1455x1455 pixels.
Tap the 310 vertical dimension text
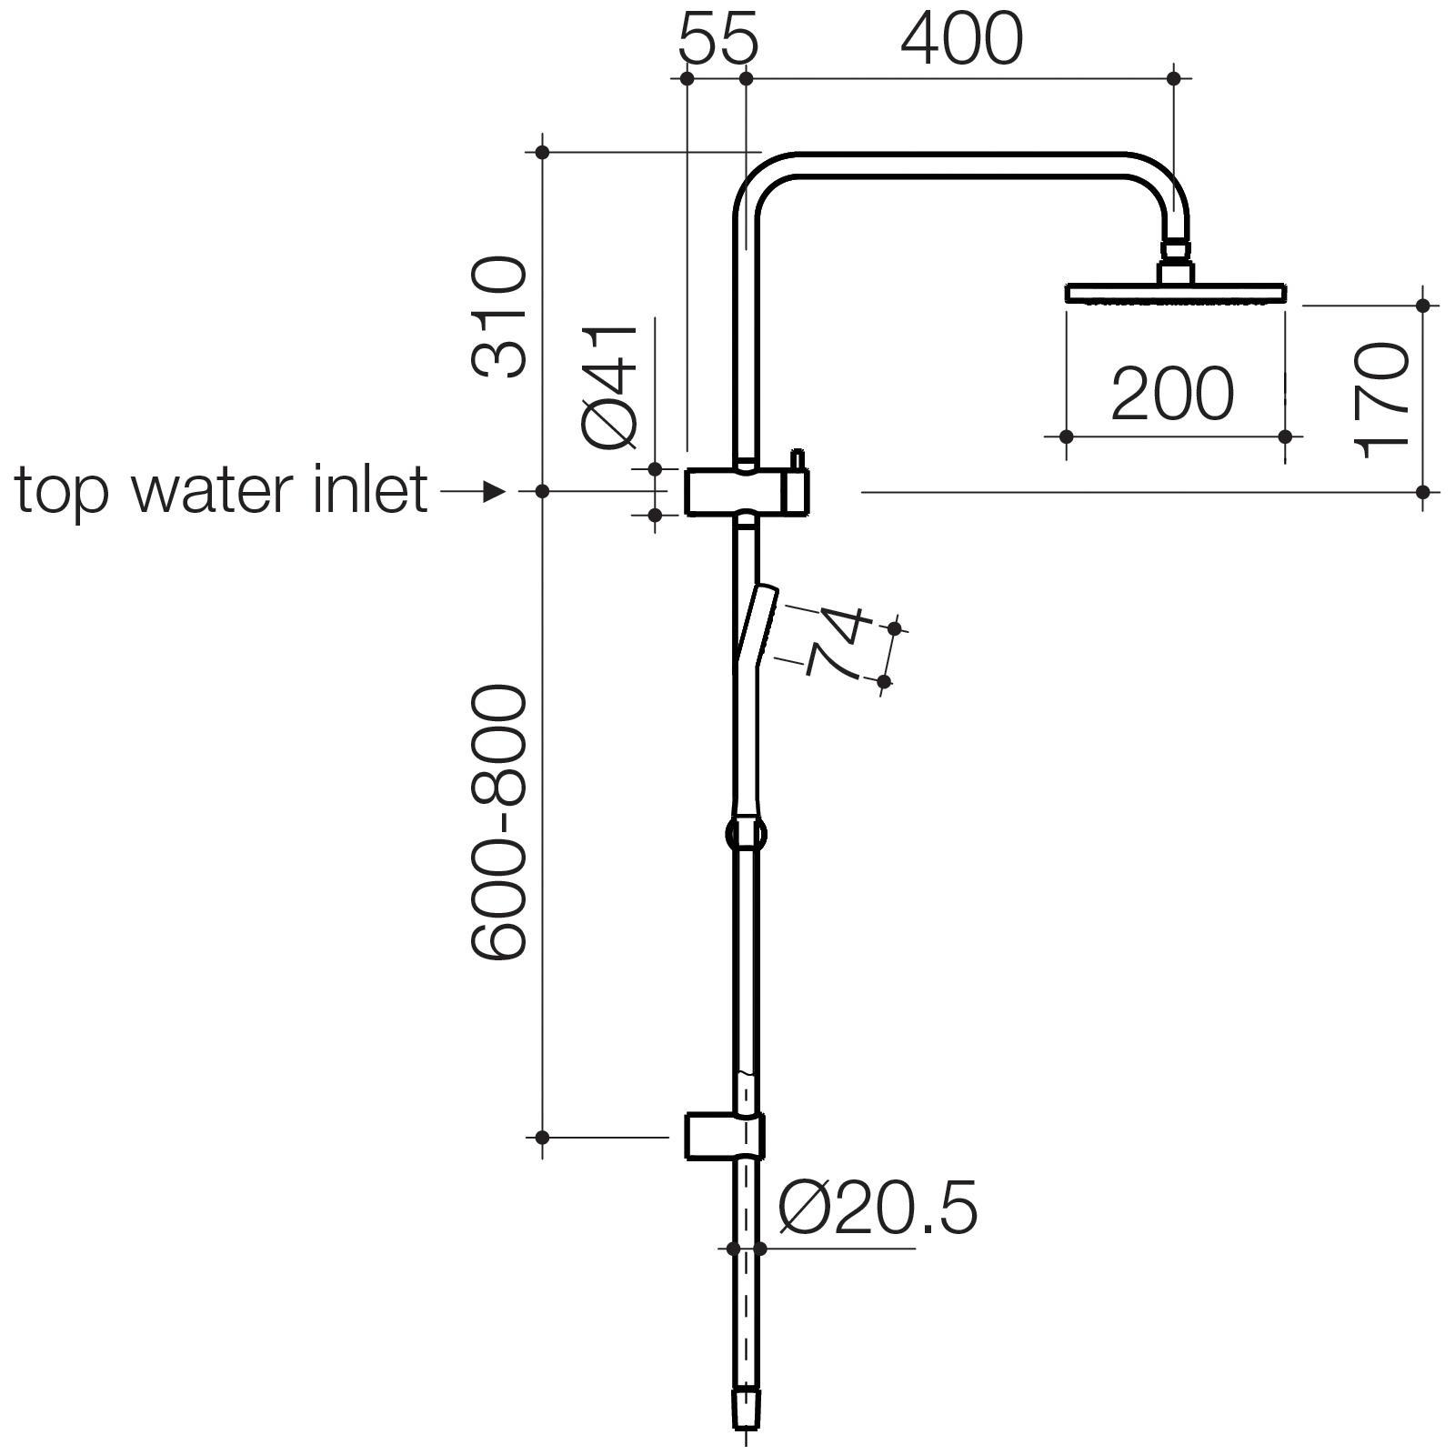(x=498, y=317)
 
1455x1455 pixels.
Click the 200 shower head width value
(x=1172, y=394)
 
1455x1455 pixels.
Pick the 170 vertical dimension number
(x=1381, y=400)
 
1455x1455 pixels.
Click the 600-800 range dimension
(x=498, y=823)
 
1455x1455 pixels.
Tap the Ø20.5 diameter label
(x=878, y=1208)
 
